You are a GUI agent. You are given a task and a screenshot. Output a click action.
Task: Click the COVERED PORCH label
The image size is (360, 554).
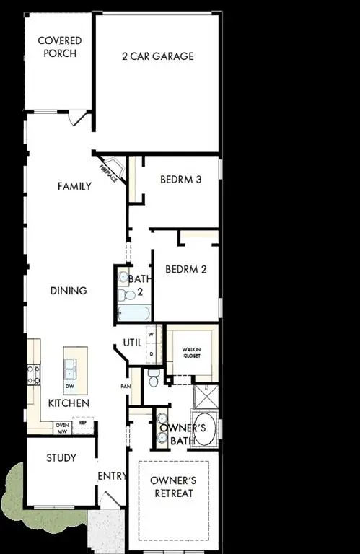pyautogui.click(x=59, y=47)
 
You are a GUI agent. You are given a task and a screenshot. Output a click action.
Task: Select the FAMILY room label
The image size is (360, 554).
pyautogui.click(x=74, y=186)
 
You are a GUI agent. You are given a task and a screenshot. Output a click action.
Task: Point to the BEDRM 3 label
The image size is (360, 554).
pyautogui.click(x=180, y=180)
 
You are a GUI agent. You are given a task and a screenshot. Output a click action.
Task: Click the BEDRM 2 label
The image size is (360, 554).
pyautogui.click(x=186, y=269)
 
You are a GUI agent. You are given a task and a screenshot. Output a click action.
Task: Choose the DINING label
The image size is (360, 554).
pyautogui.click(x=69, y=291)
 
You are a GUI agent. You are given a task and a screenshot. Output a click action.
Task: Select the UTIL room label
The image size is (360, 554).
pyautogui.click(x=131, y=343)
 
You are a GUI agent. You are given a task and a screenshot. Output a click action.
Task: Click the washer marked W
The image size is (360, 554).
pyautogui.click(x=152, y=335)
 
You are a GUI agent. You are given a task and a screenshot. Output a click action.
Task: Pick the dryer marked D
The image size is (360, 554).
pyautogui.click(x=152, y=353)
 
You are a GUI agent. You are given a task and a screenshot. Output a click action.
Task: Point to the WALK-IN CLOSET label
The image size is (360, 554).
pyautogui.click(x=191, y=353)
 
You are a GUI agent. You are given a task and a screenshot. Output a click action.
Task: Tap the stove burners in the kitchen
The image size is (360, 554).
pyautogui.click(x=33, y=373)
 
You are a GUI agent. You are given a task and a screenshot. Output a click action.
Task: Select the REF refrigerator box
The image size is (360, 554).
pyautogui.click(x=83, y=423)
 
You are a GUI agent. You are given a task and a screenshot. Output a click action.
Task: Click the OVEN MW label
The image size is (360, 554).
pyautogui.click(x=63, y=428)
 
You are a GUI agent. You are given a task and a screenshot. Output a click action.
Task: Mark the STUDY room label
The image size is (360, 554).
pyautogui.click(x=61, y=458)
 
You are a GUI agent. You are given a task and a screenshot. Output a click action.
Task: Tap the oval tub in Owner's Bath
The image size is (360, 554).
pyautogui.click(x=203, y=427)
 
